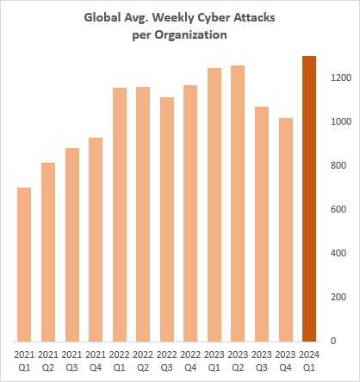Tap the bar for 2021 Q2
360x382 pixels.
tap(48, 251)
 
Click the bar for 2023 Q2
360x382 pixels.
tap(239, 202)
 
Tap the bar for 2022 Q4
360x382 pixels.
tap(191, 213)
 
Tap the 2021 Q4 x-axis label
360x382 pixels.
tap(96, 359)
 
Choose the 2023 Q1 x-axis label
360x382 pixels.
tap(214, 359)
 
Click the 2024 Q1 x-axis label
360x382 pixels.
tap(309, 359)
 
